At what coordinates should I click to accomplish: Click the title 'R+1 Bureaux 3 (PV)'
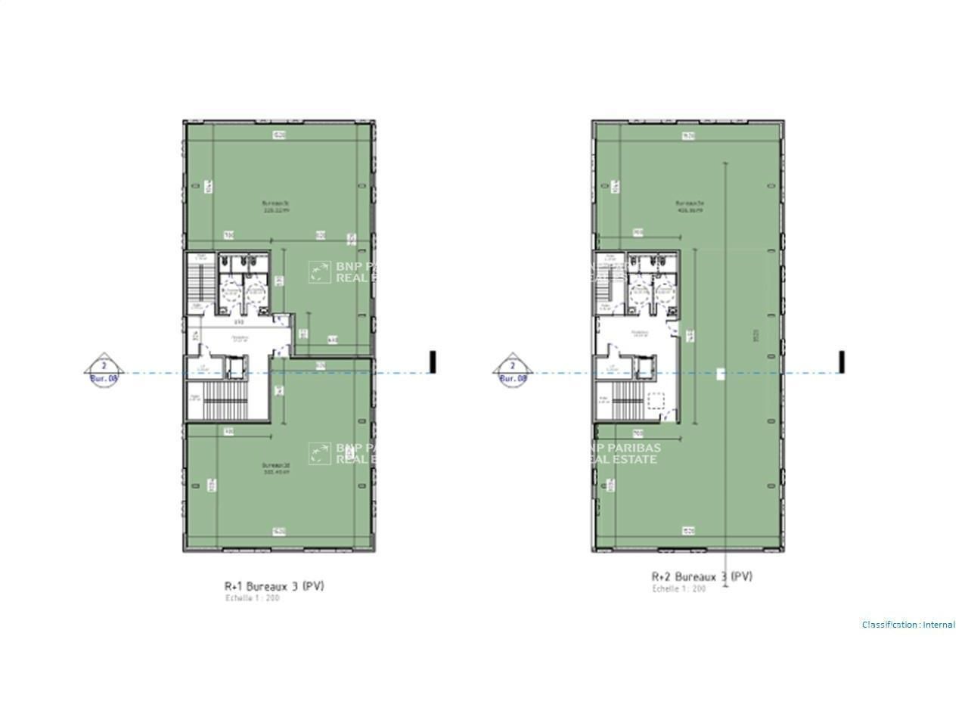coord(274,586)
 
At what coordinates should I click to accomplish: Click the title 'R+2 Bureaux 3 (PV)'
coord(702,577)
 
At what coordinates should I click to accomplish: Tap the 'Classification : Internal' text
coord(908,625)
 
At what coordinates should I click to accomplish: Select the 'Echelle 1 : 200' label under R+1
coord(253,598)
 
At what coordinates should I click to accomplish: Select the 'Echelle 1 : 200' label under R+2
coord(679,588)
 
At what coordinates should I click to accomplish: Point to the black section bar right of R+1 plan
coord(433,361)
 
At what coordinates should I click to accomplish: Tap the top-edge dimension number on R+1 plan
coord(278,135)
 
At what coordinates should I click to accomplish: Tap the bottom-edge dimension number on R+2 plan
coord(688,530)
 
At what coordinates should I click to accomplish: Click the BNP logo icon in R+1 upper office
coord(320,271)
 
